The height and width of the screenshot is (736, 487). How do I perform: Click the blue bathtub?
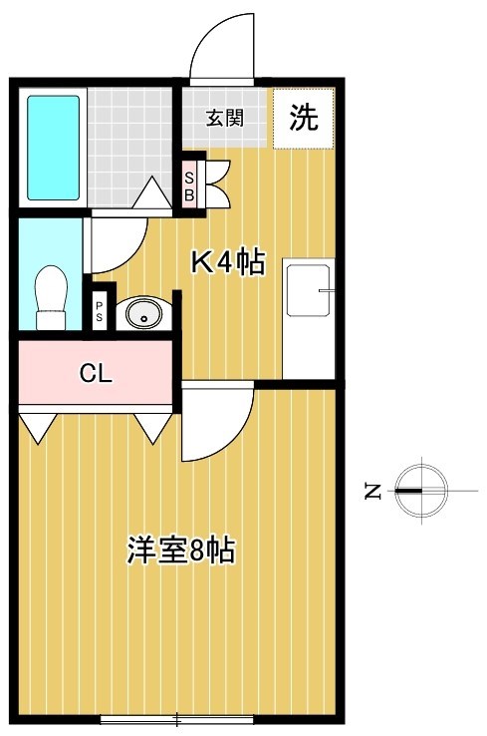(x=53, y=148)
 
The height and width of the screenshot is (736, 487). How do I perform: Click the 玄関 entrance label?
(x=225, y=119)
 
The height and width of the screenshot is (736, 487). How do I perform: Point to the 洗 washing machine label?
(x=305, y=119)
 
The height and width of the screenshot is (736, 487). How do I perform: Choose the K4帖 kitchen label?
(x=227, y=261)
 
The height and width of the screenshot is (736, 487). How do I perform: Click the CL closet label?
(x=96, y=375)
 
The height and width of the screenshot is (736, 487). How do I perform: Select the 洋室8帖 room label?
(x=180, y=551)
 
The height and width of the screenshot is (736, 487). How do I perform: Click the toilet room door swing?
(x=118, y=243)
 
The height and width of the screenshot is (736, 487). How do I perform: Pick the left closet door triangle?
(x=37, y=427)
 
